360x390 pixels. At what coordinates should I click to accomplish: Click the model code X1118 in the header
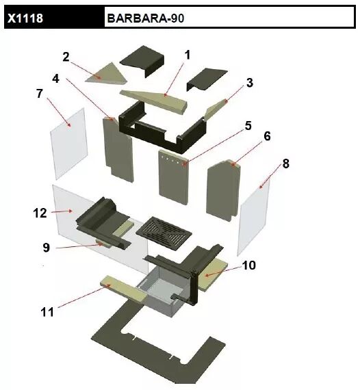[x=25, y=18]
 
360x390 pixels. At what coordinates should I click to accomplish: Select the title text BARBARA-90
[x=146, y=18]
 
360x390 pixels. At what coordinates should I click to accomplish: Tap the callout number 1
[x=188, y=55]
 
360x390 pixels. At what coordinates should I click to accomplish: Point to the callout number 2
[x=66, y=57]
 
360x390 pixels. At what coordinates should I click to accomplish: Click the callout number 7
[x=40, y=94]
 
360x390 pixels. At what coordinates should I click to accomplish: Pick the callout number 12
[x=40, y=213]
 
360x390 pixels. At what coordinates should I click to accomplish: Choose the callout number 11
[x=47, y=312]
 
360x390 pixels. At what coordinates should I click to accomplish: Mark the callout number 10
[x=248, y=265]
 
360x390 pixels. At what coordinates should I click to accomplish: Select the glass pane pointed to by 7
[x=69, y=144]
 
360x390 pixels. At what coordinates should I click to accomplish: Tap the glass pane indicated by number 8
[x=254, y=216]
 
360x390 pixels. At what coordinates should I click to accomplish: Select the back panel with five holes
[x=174, y=177]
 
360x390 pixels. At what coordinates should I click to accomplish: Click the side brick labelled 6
[x=223, y=190]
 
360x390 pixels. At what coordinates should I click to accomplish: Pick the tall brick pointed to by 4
[x=118, y=149]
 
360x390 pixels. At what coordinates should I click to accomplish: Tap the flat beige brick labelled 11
[x=124, y=289]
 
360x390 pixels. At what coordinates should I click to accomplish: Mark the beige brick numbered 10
[x=214, y=274]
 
